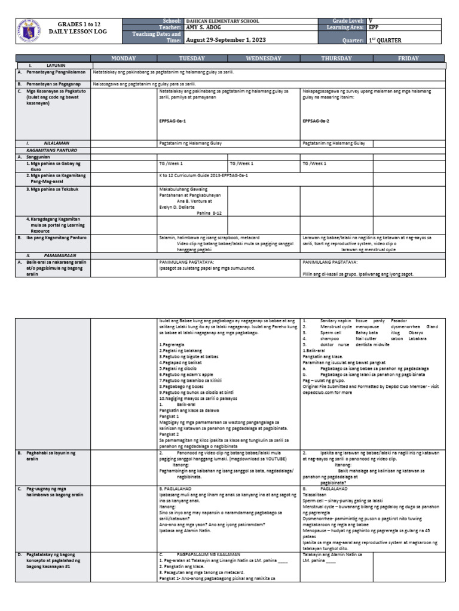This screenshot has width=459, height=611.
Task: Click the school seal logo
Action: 30,30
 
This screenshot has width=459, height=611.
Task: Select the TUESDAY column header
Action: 192,58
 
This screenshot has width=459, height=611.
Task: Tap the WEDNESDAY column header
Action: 264,58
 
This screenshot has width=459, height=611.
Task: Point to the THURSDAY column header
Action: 336,58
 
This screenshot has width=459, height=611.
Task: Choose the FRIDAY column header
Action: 409,58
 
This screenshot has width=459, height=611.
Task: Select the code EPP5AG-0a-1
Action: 173,121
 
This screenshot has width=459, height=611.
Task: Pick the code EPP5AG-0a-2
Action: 316,121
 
